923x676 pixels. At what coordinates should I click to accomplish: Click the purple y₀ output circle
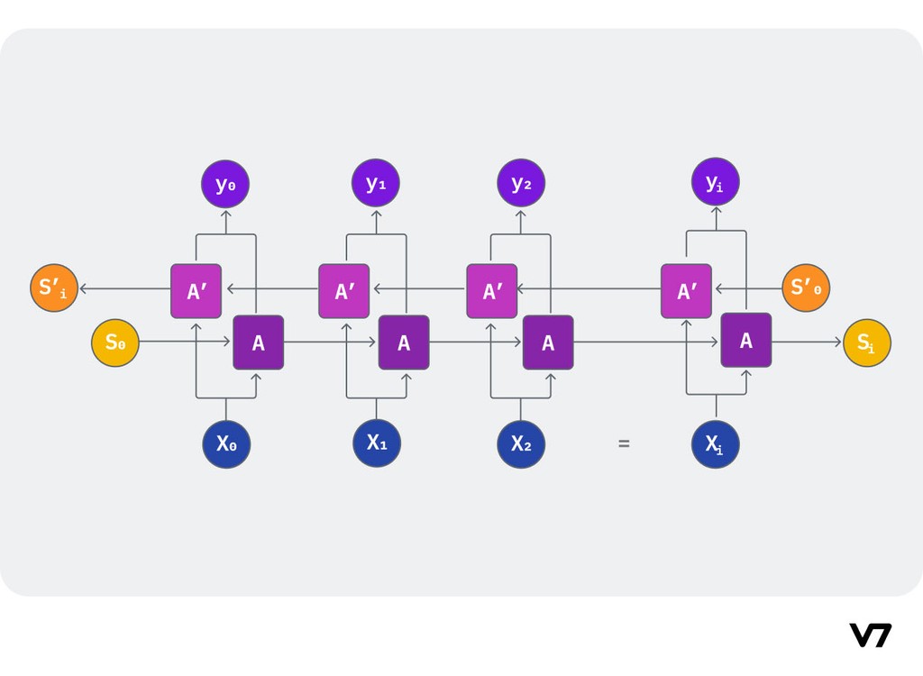click(x=225, y=184)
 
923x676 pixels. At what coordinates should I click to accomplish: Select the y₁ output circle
click(x=376, y=183)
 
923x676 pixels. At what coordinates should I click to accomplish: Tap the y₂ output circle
click(x=521, y=183)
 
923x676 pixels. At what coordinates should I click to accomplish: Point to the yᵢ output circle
click(x=716, y=182)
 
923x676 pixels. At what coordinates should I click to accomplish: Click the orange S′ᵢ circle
click(x=54, y=288)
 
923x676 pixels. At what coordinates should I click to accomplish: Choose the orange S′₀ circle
click(x=806, y=288)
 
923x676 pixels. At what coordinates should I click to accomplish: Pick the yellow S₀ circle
click(x=115, y=343)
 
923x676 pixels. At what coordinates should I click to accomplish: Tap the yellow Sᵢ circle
click(x=867, y=343)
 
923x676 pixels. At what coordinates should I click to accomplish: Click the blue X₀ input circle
click(x=226, y=444)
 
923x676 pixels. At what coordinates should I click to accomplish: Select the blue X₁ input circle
click(x=377, y=443)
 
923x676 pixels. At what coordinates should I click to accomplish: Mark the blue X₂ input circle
click(x=521, y=444)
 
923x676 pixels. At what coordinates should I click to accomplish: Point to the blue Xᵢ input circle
click(x=716, y=444)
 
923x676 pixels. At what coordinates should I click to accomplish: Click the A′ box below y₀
click(x=196, y=291)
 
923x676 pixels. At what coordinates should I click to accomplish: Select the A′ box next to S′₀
click(x=686, y=291)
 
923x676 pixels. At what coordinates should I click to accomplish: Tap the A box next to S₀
click(x=259, y=343)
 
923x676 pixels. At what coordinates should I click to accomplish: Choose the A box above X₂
click(x=548, y=343)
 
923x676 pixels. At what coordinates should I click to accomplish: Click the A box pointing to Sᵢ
click(x=746, y=341)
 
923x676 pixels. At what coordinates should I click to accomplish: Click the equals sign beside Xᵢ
click(x=624, y=443)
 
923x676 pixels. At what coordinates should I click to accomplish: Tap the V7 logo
click(x=870, y=635)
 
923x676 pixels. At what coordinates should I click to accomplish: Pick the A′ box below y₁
click(x=344, y=291)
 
